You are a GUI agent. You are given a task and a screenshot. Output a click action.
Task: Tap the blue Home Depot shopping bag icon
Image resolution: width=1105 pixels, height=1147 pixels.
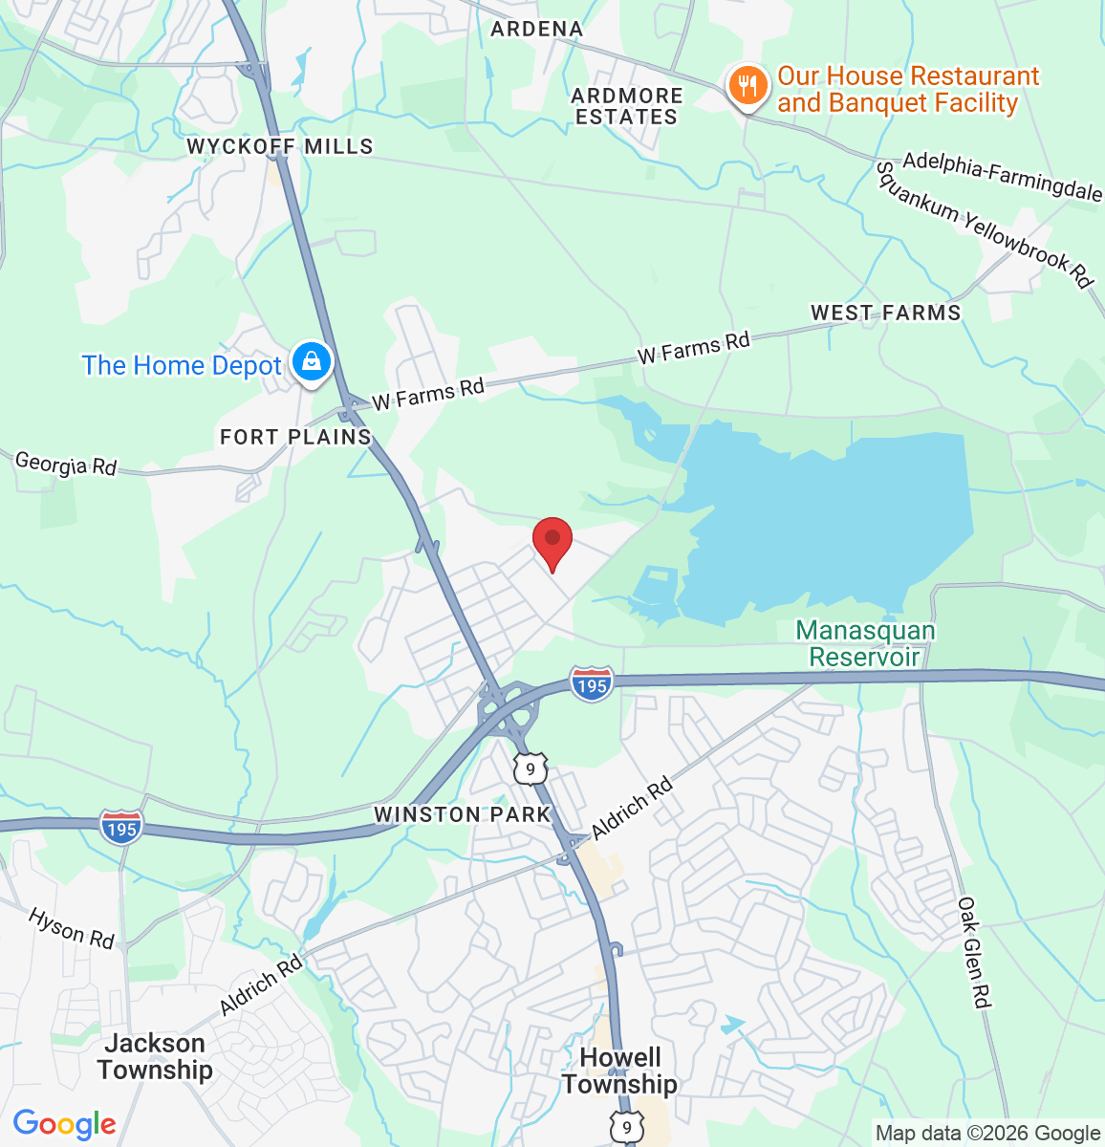tap(311, 363)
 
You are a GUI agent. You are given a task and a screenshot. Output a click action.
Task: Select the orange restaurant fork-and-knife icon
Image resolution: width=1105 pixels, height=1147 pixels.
tap(747, 87)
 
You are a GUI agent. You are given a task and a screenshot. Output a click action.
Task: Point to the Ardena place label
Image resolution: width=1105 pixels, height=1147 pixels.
tap(536, 29)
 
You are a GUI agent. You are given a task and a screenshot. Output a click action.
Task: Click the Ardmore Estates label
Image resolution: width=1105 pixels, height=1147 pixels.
tap(627, 106)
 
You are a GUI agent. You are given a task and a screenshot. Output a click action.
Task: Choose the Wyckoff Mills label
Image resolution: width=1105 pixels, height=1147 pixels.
tap(279, 146)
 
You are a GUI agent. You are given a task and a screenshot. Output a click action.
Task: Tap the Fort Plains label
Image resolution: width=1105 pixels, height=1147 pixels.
tap(295, 437)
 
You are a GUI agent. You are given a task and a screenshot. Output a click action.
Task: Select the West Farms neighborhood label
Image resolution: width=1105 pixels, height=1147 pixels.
tap(885, 313)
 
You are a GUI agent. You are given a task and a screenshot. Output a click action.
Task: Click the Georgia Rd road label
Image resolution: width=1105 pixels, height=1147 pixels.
tap(66, 465)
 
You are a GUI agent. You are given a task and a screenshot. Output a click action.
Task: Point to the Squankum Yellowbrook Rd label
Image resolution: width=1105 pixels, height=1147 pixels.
tap(984, 224)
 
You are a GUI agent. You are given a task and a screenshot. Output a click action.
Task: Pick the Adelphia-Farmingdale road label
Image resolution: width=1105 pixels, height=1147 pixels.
tap(1002, 176)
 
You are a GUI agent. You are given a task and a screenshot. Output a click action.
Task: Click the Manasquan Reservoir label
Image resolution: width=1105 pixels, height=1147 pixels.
tap(865, 643)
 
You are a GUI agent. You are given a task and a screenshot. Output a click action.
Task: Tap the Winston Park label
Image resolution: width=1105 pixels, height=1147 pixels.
tap(463, 814)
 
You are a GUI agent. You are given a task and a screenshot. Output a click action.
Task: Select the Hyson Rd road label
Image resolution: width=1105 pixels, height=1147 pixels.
tap(71, 927)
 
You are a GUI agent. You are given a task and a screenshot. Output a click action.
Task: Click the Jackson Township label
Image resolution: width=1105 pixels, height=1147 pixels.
tap(155, 1056)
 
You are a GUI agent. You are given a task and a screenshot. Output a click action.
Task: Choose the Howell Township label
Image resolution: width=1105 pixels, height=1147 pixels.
tap(619, 1071)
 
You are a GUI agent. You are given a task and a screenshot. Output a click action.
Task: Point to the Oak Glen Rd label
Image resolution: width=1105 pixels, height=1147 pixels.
tap(973, 952)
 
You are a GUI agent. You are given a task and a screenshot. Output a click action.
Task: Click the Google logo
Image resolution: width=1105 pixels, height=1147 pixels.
tap(64, 1124)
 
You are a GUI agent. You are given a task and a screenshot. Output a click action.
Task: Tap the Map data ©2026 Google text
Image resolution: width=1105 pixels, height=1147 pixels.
tap(987, 1134)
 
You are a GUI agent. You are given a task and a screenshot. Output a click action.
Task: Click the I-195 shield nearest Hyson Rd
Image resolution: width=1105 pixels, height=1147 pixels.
tap(121, 828)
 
